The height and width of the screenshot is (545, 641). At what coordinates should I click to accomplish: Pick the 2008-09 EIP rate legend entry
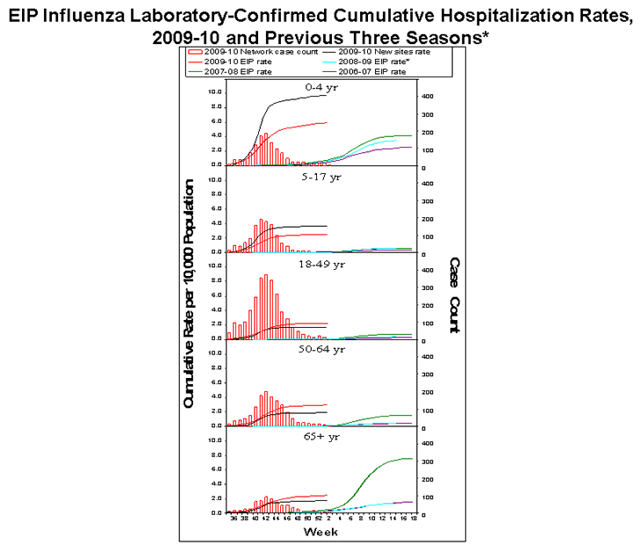[358, 63]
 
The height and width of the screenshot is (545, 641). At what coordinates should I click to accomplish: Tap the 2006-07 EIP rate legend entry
[358, 72]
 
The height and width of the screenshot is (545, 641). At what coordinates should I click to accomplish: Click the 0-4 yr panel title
[318, 88]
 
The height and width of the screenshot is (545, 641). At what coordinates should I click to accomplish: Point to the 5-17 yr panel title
[318, 177]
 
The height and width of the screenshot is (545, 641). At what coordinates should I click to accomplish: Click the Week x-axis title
[318, 532]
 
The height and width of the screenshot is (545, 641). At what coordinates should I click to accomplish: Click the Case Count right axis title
[454, 295]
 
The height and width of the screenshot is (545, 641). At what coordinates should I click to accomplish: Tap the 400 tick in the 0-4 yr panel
[425, 96]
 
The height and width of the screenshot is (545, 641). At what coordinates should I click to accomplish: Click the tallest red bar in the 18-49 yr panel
[265, 308]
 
